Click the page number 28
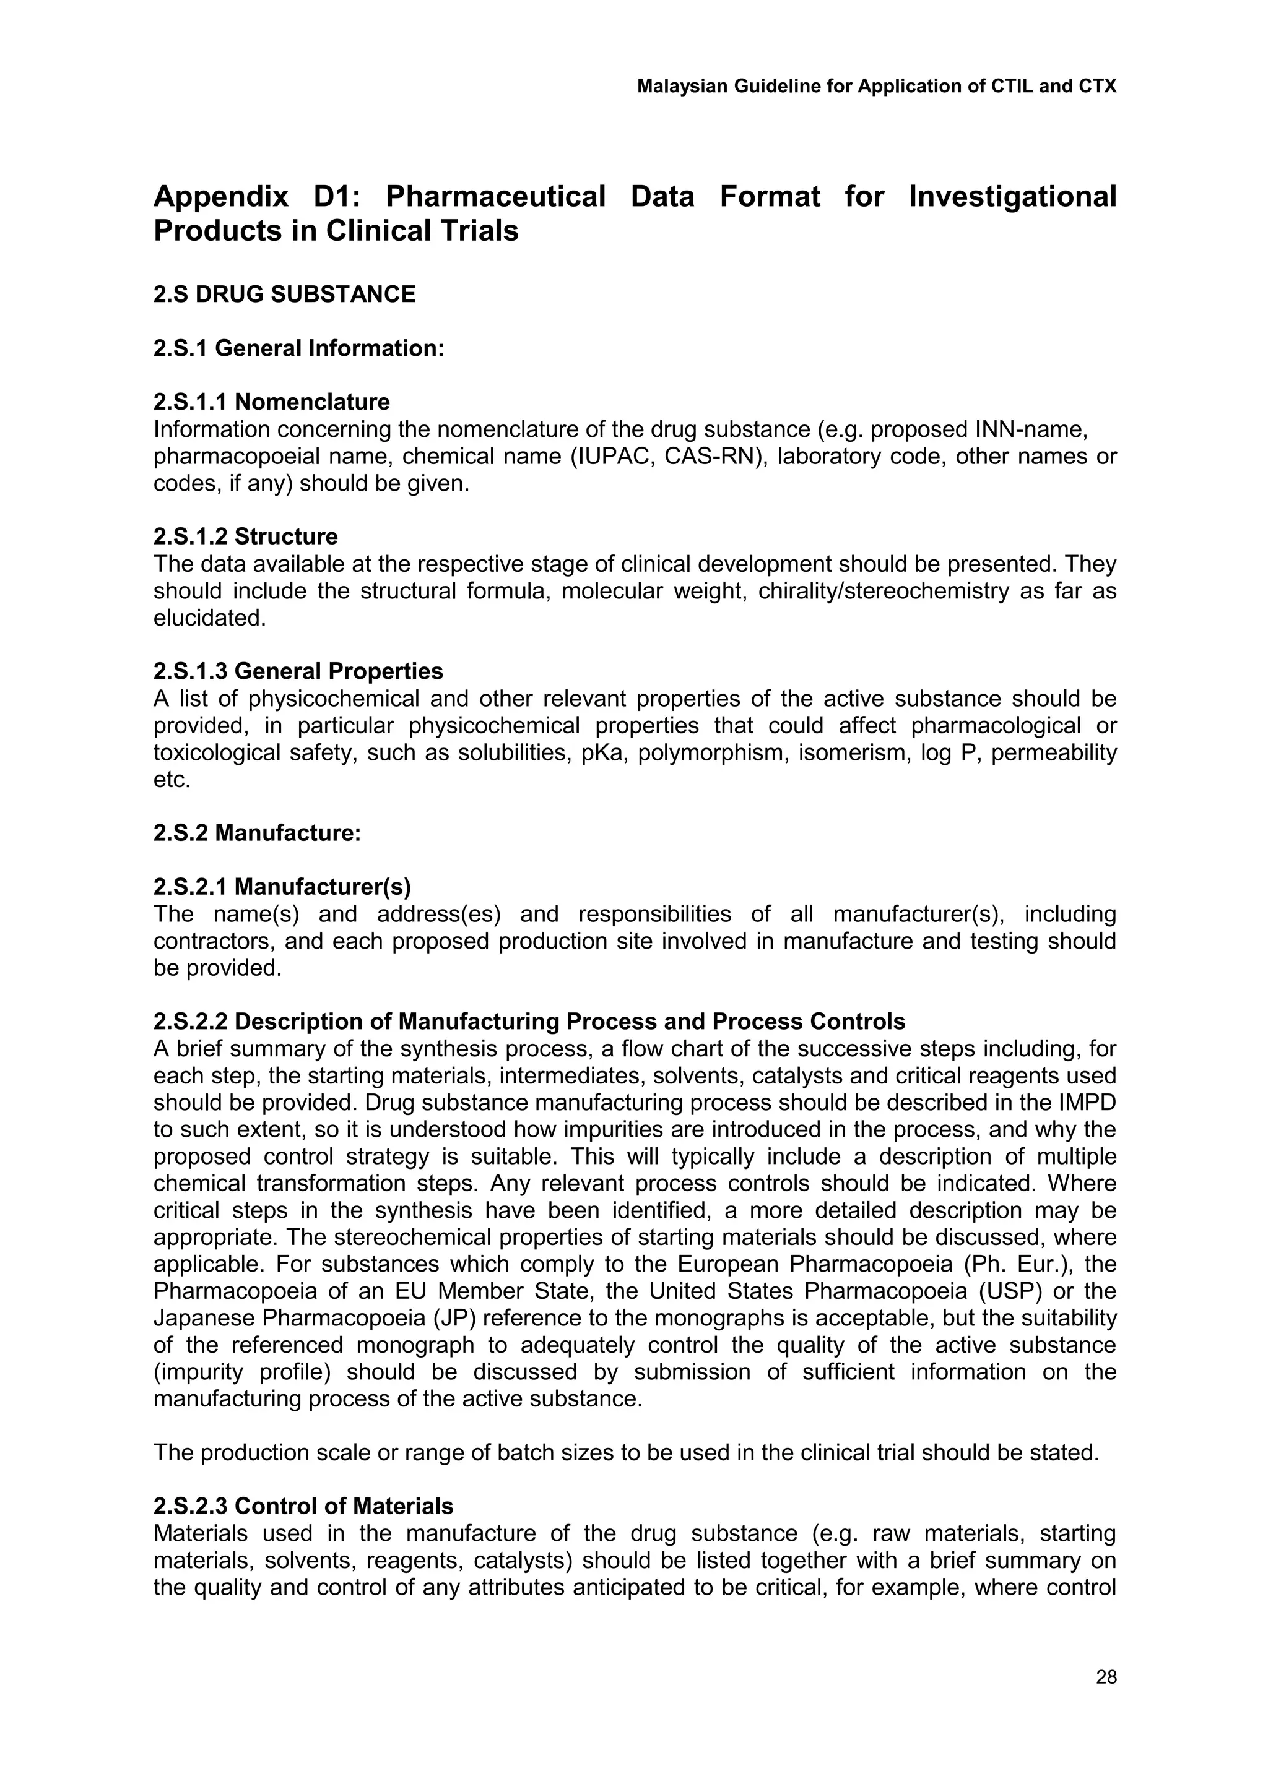coord(1106,1676)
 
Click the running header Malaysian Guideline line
coord(876,86)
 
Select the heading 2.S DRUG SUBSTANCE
coord(284,295)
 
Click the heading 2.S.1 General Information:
coord(298,348)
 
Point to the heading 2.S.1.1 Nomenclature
coord(271,402)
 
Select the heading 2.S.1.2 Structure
coord(245,537)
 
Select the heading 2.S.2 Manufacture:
coord(257,833)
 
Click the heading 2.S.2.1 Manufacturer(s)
coord(282,887)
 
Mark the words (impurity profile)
coord(245,1372)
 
